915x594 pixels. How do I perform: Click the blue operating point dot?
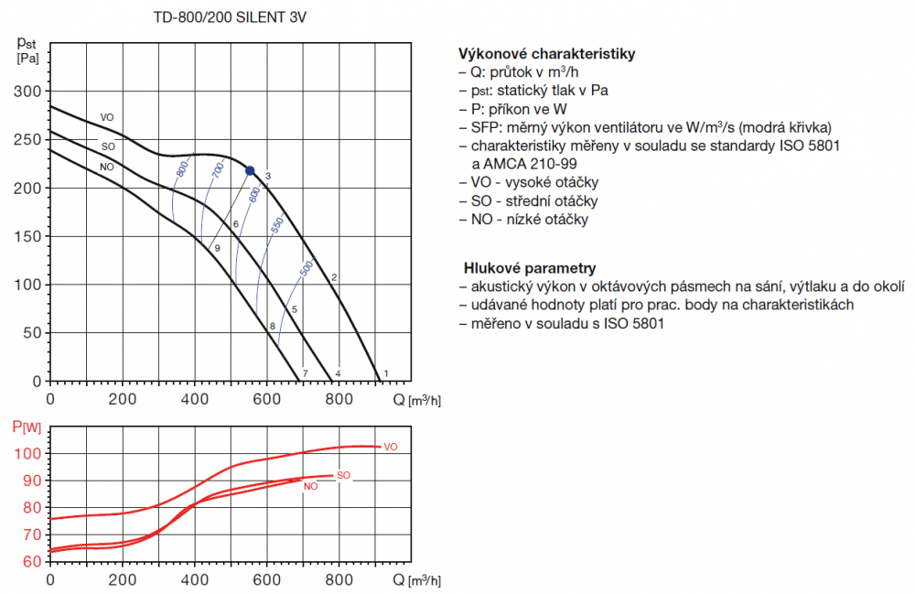(250, 170)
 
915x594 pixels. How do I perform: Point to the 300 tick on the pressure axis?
(31, 92)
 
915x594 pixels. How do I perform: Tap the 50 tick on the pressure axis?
(35, 333)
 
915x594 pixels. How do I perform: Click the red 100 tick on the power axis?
(27, 454)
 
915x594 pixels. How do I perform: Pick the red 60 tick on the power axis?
(31, 561)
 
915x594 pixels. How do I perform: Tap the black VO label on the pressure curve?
(107, 117)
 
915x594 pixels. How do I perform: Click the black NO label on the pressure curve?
(107, 167)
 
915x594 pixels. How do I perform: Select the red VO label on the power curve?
(391, 447)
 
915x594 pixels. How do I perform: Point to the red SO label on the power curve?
(344, 475)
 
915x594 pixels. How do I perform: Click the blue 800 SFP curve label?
(182, 169)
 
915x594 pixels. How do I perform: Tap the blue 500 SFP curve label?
(307, 268)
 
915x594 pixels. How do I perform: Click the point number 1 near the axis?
(386, 373)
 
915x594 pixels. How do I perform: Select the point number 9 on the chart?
(217, 248)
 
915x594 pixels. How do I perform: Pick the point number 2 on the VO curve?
(335, 277)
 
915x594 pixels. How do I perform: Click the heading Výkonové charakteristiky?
(545, 54)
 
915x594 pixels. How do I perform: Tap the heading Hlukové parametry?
(531, 268)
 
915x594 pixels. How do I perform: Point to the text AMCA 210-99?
(513, 164)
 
